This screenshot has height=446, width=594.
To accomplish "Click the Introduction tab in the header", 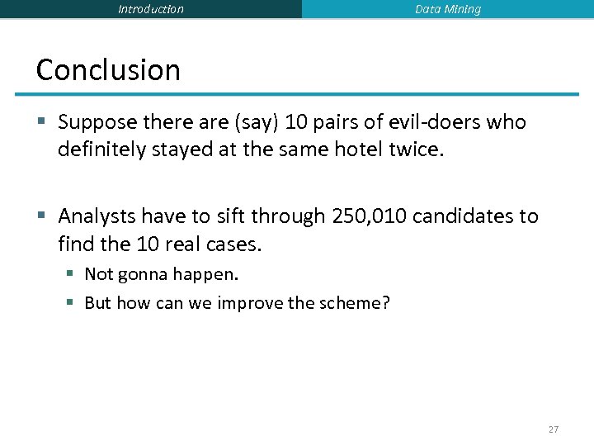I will click(151, 9).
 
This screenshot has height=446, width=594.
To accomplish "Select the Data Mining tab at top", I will click(448, 9).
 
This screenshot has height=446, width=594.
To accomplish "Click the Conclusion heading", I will click(108, 70).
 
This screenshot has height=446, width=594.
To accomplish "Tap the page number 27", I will click(553, 429).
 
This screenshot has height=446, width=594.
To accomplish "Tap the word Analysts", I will click(97, 216).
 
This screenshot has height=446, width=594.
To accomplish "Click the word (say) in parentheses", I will click(257, 122).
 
